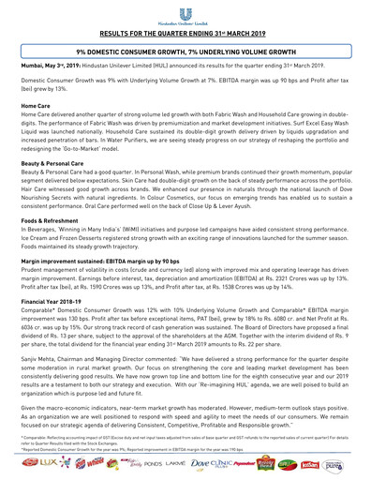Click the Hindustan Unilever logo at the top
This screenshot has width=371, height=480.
pyautogui.click(x=185, y=11)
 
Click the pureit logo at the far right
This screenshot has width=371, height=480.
pyautogui.click(x=358, y=462)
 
